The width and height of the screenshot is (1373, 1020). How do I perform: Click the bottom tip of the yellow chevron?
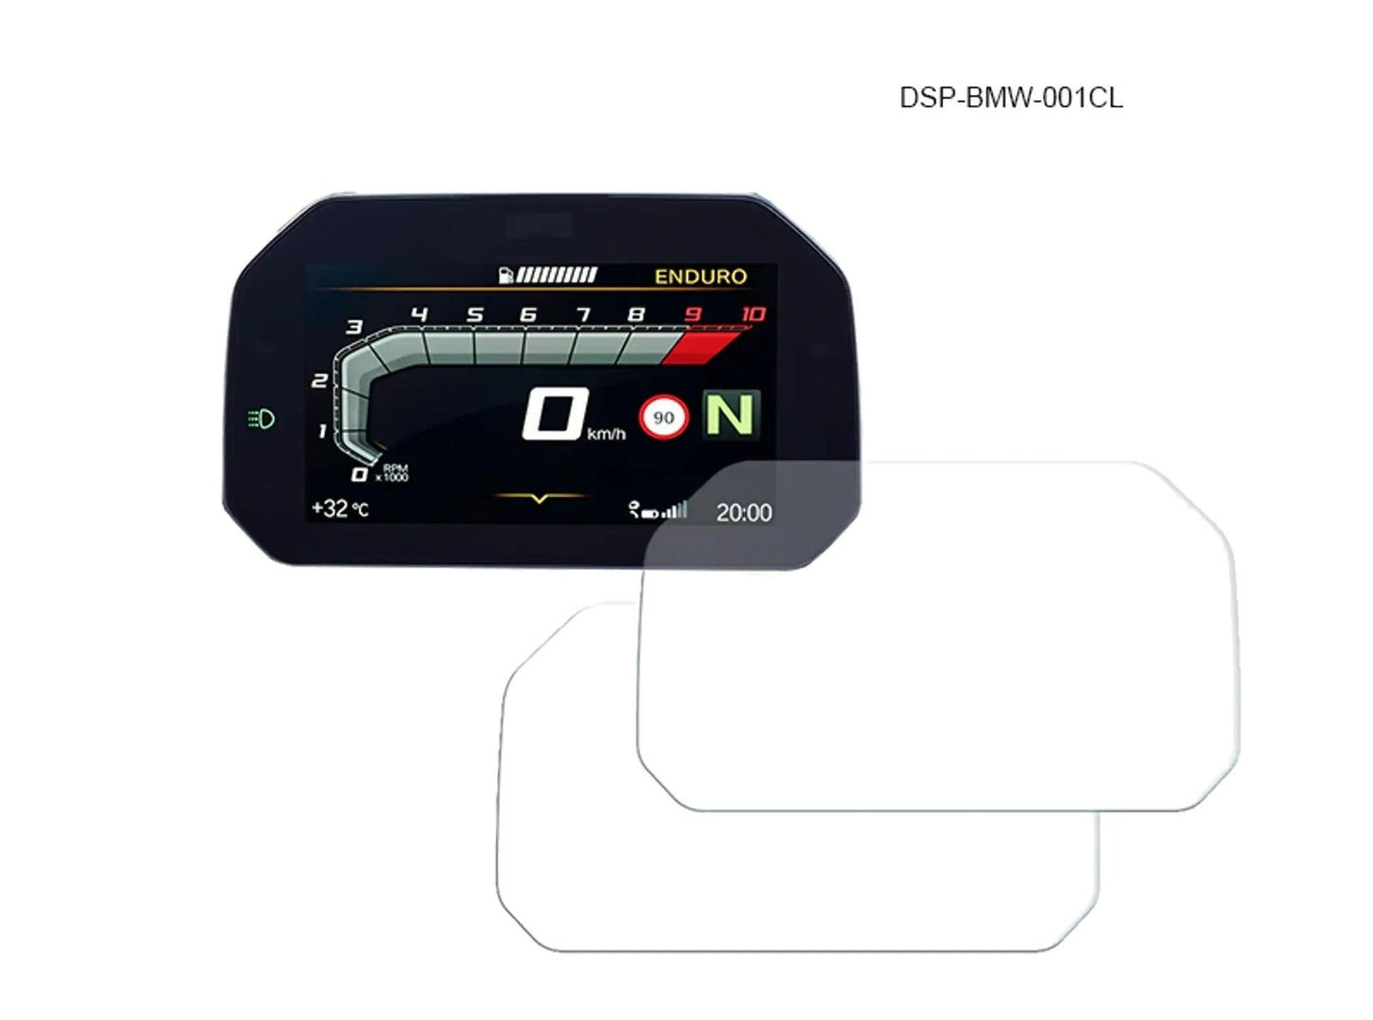[x=539, y=502]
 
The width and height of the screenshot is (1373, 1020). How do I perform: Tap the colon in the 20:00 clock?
[x=742, y=513]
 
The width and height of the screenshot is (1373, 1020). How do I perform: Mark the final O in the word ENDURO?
[x=738, y=276]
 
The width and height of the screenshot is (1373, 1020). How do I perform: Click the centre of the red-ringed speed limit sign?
[x=663, y=418]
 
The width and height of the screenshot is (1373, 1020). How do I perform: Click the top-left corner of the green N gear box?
[x=702, y=390]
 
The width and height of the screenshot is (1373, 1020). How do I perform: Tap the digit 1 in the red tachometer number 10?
[x=747, y=314]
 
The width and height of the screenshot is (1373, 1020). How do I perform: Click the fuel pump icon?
[x=505, y=274]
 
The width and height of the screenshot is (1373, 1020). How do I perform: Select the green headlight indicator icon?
[x=260, y=419]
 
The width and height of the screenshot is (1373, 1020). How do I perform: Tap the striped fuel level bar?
[x=557, y=274]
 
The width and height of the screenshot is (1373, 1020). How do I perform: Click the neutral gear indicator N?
[x=731, y=415]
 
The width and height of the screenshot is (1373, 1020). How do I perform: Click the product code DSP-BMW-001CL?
[x=1010, y=99]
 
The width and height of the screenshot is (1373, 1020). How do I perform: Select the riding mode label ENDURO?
[x=700, y=276]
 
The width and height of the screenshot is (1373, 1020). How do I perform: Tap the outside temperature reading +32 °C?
[x=340, y=509]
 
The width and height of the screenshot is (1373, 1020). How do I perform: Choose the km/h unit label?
[x=606, y=434]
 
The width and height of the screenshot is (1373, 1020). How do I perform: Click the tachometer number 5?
[x=475, y=314]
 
